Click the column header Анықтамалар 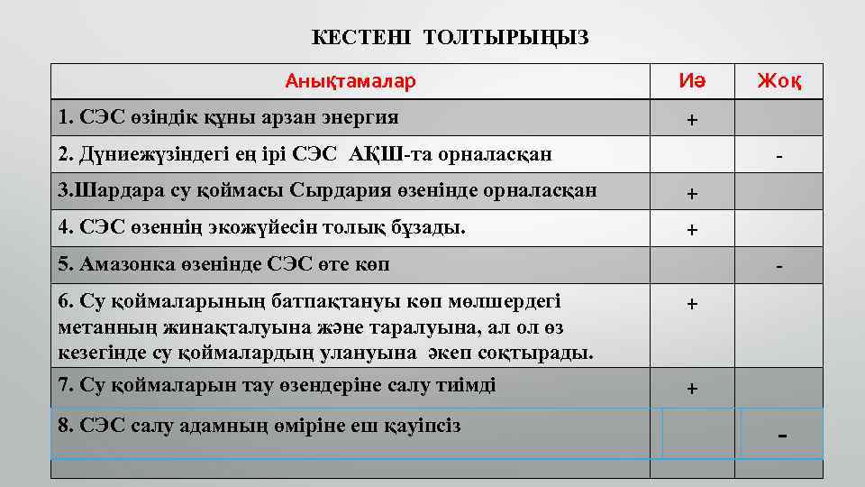[x=351, y=82]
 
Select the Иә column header [x=692, y=82]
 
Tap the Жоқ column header [x=778, y=82]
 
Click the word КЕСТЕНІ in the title [x=360, y=37]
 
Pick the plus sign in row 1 [x=692, y=120]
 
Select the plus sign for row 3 [x=692, y=193]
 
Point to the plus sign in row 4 [x=692, y=230]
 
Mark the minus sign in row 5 [x=779, y=267]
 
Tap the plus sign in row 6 [x=692, y=305]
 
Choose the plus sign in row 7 [x=692, y=389]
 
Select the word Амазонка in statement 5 [x=122, y=264]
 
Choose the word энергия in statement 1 [x=360, y=117]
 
